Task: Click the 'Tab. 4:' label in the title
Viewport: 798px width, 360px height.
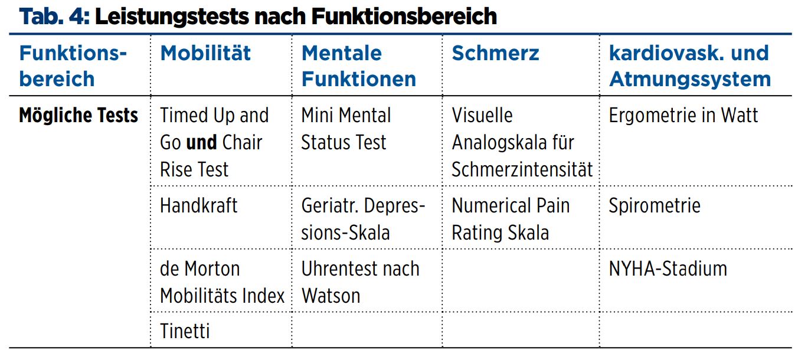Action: (54, 17)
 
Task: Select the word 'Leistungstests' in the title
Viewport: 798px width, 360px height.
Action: (172, 17)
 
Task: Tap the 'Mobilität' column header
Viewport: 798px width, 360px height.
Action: (205, 53)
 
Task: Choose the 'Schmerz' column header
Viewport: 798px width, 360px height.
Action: (495, 53)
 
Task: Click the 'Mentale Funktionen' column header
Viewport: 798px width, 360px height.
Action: (359, 66)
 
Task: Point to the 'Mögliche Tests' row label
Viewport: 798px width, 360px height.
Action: (79, 115)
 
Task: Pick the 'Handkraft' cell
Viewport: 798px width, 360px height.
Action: (198, 205)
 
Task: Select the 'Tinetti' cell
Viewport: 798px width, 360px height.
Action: (185, 331)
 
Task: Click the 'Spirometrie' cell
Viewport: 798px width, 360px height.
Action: (655, 206)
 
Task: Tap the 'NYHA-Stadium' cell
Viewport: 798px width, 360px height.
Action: (668, 269)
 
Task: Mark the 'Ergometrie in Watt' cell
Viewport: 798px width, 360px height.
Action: (683, 115)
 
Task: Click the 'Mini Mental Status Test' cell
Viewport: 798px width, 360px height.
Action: (346, 129)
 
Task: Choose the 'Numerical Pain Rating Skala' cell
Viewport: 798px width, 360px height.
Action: (511, 219)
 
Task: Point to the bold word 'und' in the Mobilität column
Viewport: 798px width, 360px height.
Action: (202, 142)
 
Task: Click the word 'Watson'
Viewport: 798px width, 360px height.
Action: (331, 296)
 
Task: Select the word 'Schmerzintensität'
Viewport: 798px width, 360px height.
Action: (522, 169)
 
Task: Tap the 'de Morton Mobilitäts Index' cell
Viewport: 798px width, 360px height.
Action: (222, 282)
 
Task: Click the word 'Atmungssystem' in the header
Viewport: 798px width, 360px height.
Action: (690, 80)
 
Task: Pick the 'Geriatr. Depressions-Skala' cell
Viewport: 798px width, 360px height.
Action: (363, 219)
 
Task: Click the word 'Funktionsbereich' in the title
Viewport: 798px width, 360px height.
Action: (404, 17)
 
